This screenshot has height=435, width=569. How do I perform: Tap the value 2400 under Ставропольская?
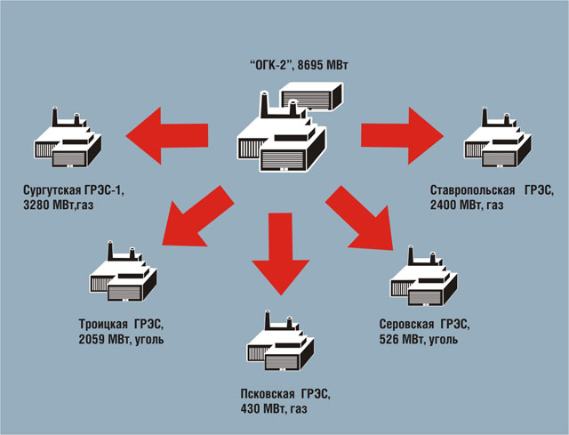coord(444,204)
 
